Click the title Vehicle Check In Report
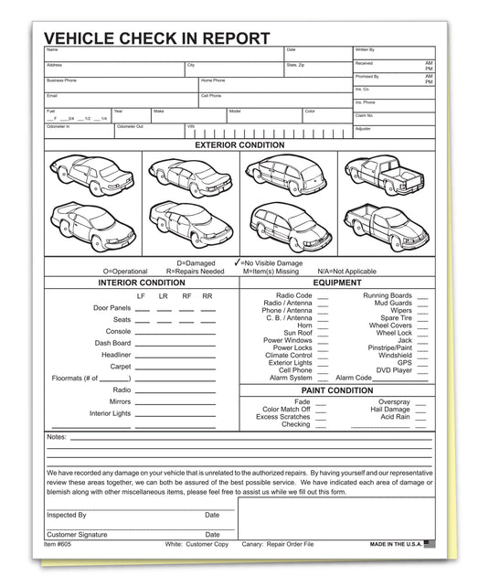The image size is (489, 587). [157, 38]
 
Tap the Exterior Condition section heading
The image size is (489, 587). [239, 144]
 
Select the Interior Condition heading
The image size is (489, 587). [141, 283]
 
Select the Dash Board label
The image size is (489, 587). [112, 343]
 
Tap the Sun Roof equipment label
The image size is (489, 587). [297, 333]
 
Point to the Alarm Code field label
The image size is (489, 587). [354, 378]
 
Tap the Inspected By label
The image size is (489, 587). [67, 515]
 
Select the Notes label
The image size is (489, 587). [56, 437]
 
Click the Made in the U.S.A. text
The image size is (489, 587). [396, 544]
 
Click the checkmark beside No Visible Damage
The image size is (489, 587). [238, 262]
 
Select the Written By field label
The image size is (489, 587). [365, 49]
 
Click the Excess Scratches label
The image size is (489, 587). [283, 417]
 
